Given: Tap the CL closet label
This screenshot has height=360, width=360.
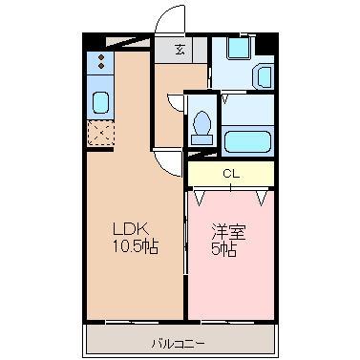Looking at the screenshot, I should click(230, 174).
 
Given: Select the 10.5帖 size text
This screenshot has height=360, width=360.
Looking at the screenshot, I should click(136, 245).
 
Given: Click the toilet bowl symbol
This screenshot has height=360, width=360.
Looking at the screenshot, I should click(201, 123).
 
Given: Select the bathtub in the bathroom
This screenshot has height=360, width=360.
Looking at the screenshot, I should click(248, 140).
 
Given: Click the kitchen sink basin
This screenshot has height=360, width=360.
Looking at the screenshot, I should click(99, 102).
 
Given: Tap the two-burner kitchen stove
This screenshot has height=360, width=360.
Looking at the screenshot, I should click(99, 64).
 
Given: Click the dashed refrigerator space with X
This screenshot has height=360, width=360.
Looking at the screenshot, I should click(99, 134).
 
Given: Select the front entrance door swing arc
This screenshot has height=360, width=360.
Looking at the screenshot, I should click(169, 21).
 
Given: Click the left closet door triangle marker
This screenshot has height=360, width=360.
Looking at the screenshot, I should click(201, 198).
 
